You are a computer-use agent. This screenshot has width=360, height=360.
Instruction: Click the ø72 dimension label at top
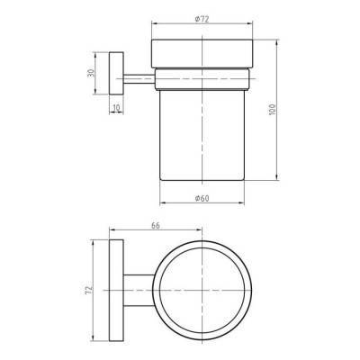click(x=202, y=19)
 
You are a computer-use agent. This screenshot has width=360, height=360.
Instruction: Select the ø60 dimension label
click(x=202, y=198)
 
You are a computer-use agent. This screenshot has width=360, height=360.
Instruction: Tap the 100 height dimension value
click(x=273, y=110)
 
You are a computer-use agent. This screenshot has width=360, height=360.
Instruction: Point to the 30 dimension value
click(x=91, y=73)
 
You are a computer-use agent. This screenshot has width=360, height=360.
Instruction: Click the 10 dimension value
click(x=117, y=107)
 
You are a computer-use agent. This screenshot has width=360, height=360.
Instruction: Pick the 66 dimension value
click(x=156, y=226)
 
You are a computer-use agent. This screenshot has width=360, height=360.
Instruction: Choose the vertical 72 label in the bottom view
click(x=89, y=290)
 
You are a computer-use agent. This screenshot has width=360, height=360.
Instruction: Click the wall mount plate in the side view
click(x=116, y=73)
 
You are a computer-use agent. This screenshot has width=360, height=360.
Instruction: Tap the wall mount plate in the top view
click(x=116, y=291)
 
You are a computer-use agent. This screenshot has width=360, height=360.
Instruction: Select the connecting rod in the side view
click(x=139, y=79)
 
